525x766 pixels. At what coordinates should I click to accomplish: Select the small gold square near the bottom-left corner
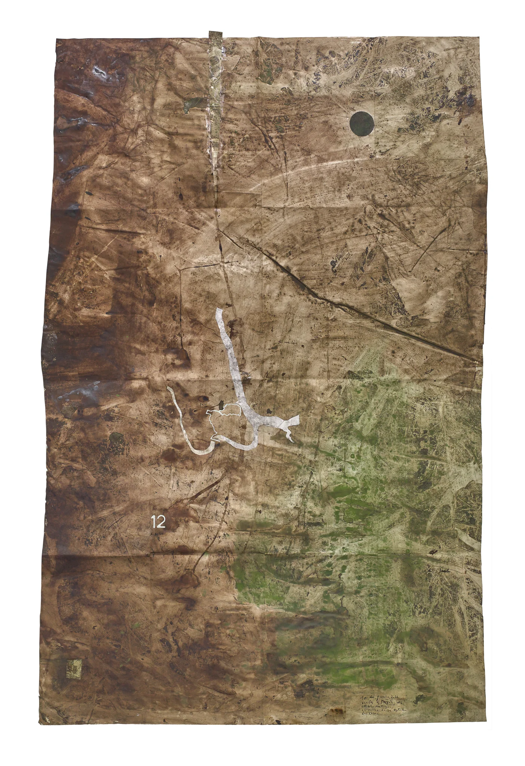(74, 667)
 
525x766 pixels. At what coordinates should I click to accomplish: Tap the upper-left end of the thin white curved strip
(169, 388)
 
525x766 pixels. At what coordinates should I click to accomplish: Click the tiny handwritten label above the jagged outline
(204, 404)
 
